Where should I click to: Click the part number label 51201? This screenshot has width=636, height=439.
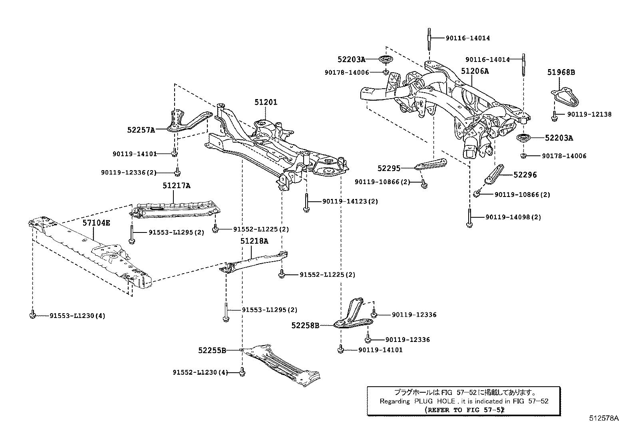(266, 102)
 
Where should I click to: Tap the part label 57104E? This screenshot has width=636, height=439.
(96, 223)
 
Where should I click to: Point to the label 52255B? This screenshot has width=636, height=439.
(212, 350)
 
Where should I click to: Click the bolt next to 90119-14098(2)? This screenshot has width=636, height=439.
(469, 218)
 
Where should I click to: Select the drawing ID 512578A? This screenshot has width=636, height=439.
(604, 419)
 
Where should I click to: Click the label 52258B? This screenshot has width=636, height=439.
(305, 326)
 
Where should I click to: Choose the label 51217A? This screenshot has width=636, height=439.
(176, 186)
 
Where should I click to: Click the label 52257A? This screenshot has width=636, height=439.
(141, 129)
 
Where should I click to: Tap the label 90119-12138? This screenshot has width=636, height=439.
(588, 114)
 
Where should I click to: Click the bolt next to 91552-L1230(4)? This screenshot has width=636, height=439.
(241, 372)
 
